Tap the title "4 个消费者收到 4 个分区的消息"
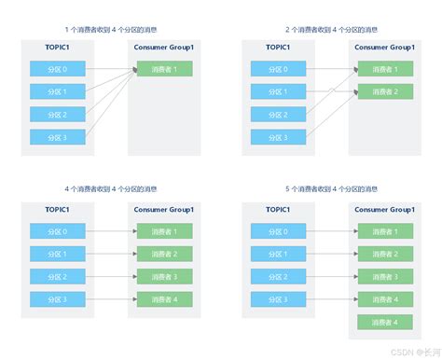(x=110, y=191)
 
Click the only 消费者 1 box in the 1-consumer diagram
(x=164, y=68)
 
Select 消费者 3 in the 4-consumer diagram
(x=164, y=276)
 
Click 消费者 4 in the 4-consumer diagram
(x=164, y=299)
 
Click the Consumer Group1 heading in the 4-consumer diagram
(x=164, y=210)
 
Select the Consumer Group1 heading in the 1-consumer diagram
(x=164, y=47)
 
